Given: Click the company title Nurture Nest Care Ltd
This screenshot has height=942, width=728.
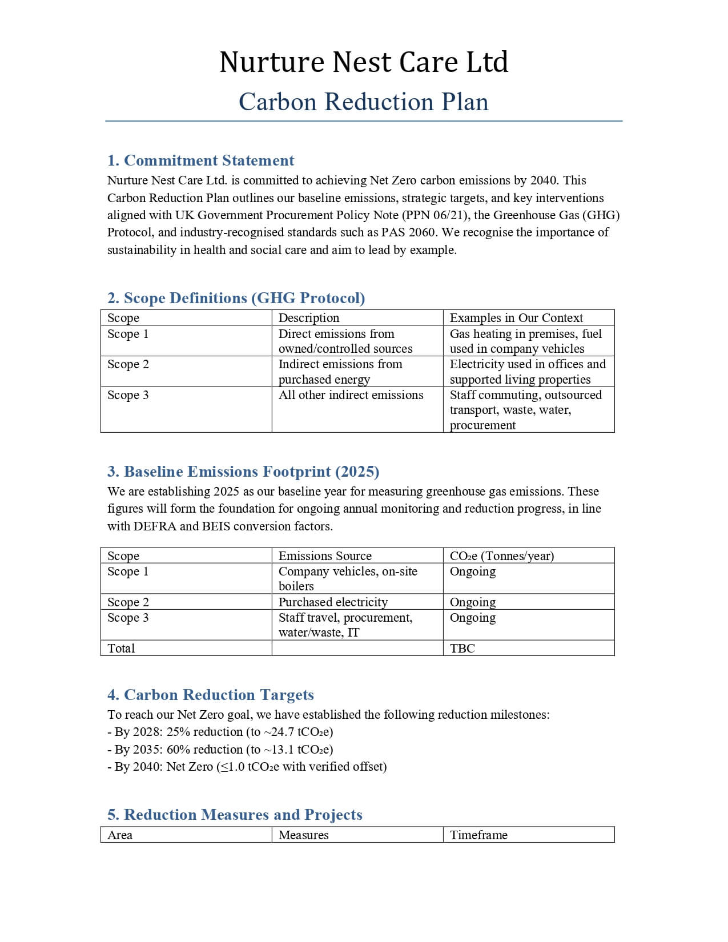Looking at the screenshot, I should pos(364,62).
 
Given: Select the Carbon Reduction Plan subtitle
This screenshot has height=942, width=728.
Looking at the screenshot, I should pos(364,102).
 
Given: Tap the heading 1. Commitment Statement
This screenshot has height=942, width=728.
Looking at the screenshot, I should pos(200,160).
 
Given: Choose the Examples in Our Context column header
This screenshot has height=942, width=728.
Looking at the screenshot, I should pos(516,318).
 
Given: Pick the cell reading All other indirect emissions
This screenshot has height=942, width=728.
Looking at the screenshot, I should pos(351,395).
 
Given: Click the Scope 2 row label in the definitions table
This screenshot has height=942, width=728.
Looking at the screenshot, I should pos(128,364).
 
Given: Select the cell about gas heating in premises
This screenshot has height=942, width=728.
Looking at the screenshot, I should pos(525,341).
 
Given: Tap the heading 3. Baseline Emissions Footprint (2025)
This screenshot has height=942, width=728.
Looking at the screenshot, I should pos(243,472).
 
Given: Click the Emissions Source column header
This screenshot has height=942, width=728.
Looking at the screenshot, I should pos(325,556).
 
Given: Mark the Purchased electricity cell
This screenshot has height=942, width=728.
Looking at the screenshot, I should pos(333,602).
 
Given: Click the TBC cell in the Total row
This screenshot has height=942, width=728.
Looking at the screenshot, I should pos(462,649).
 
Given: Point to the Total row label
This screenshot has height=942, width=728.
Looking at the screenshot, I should pos(121,649).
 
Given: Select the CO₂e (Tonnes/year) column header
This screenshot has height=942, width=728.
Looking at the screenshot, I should pos(502,556).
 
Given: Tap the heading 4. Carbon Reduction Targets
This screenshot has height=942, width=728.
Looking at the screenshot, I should pos(210,695).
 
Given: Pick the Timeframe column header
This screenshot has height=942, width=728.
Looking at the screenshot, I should pos(478,835).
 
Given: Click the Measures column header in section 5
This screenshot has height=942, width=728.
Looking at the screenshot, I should pos(303,835).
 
